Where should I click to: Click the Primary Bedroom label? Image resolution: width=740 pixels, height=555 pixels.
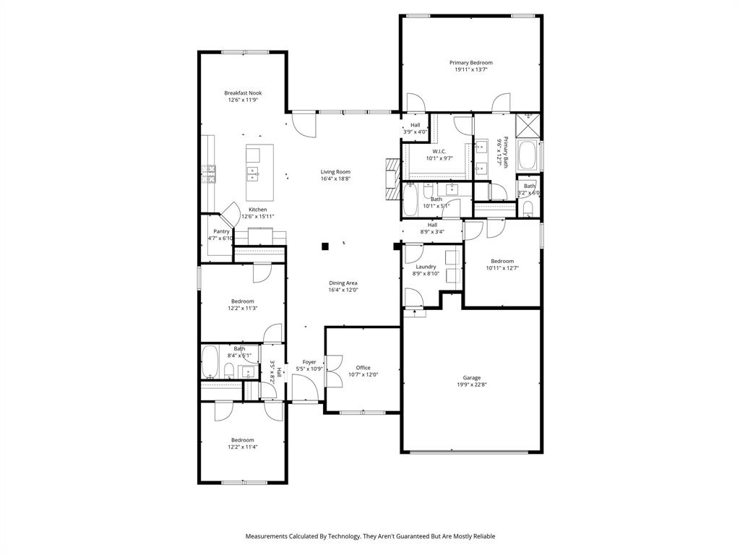point(470,63)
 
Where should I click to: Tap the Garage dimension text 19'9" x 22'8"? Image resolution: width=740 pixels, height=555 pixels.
point(472,384)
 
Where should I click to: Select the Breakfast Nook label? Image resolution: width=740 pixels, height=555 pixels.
point(243,93)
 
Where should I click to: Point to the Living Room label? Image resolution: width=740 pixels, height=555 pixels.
point(335,172)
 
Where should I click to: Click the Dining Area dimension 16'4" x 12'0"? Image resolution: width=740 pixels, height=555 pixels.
point(343,290)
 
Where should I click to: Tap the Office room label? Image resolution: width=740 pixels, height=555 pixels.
point(363,368)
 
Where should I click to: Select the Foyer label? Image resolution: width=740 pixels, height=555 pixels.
point(309,362)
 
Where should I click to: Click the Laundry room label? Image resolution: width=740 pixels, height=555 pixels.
point(426,267)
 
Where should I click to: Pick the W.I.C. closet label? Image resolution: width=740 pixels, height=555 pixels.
point(439,151)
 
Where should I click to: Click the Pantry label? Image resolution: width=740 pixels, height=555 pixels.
point(221,231)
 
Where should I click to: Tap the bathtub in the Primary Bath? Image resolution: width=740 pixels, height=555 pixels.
point(528,155)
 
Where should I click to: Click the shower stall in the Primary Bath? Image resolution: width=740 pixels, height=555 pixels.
point(529,124)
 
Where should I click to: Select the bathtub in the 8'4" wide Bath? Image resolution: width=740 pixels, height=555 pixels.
point(210,362)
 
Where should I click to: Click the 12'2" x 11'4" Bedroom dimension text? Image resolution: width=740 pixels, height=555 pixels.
point(243,447)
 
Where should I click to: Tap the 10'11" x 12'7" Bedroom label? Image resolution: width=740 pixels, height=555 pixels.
point(502,262)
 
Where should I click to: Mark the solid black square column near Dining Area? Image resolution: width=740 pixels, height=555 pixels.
point(325,246)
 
